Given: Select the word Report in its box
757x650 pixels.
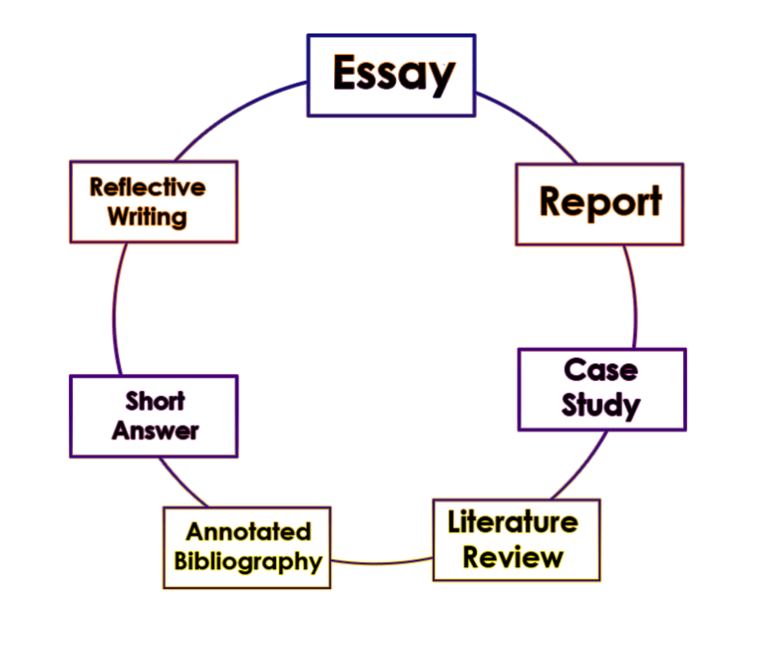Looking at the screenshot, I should (x=599, y=202).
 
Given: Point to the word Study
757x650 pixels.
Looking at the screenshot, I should (x=601, y=404).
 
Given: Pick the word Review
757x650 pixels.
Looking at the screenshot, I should (x=513, y=557).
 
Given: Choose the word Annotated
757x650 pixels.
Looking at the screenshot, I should (x=248, y=532).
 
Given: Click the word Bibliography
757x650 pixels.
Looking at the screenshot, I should (x=248, y=562).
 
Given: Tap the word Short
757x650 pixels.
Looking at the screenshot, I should (x=155, y=401).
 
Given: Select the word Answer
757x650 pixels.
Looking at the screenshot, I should (x=155, y=430).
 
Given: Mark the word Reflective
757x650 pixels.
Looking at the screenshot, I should (x=148, y=187).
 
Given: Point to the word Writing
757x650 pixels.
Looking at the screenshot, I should (x=148, y=217).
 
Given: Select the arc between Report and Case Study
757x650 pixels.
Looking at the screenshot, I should (x=632, y=295).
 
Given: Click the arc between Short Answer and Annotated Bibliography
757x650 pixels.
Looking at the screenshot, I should (x=180, y=482).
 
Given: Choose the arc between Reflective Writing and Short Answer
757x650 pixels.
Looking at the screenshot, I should (x=114, y=310).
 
